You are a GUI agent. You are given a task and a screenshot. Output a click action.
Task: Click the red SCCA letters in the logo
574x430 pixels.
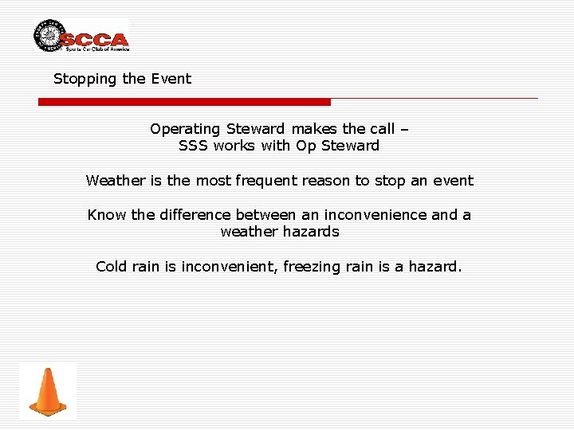click(94, 39)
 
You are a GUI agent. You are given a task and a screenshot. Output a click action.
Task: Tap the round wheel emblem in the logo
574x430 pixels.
click(49, 36)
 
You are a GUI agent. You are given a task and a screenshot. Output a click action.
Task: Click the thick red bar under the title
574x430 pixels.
click(184, 102)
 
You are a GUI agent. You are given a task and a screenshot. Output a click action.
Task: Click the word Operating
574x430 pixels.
click(184, 129)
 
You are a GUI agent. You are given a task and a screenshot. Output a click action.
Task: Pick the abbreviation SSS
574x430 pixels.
click(193, 146)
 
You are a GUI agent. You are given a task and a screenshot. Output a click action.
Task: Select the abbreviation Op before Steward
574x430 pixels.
click(306, 146)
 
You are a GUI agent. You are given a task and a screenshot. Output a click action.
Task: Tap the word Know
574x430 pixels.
click(104, 215)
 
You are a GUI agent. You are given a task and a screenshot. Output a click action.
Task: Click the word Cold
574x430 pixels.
click(112, 267)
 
